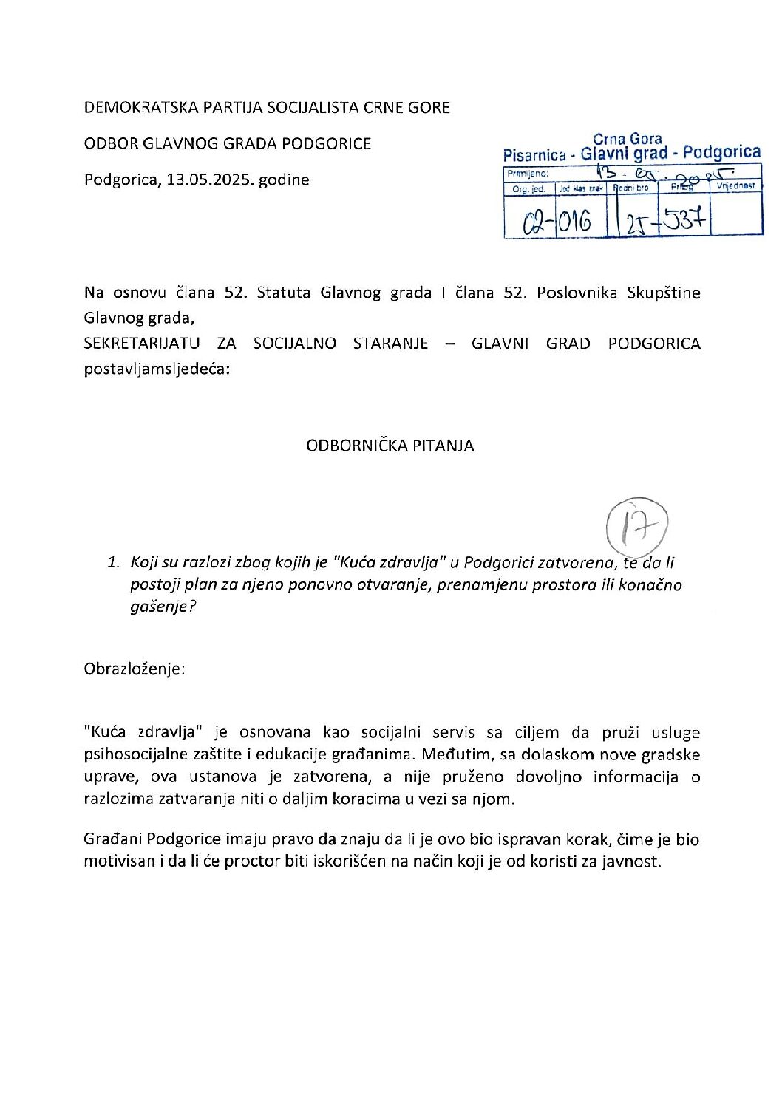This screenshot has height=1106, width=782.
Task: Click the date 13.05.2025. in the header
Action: click(x=210, y=180)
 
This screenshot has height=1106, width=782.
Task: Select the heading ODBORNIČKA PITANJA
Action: click(x=390, y=446)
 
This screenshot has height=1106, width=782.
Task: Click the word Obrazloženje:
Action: click(x=135, y=669)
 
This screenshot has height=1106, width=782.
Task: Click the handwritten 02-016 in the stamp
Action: click(x=557, y=221)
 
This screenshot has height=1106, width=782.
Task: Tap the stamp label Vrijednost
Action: click(x=736, y=186)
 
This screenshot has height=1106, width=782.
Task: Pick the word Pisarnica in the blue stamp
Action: click(x=534, y=156)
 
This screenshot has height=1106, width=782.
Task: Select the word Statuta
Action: click(x=283, y=293)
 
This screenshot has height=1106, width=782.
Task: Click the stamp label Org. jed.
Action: click(x=528, y=189)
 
